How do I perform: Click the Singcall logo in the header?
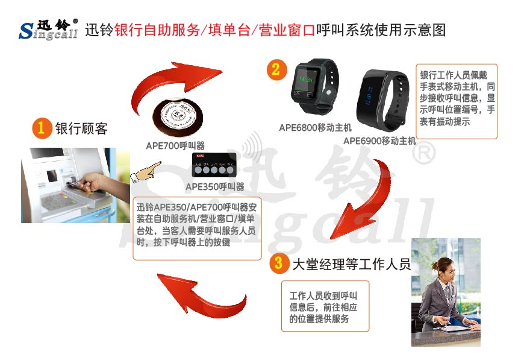(x=48, y=29)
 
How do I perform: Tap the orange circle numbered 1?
(x=42, y=128)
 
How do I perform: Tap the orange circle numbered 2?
(x=276, y=69)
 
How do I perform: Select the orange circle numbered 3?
(x=278, y=263)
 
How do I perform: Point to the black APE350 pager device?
(x=214, y=166)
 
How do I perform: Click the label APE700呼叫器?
(x=175, y=145)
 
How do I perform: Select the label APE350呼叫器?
(x=214, y=186)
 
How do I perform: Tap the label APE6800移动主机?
(x=315, y=128)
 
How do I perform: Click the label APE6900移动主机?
(x=379, y=141)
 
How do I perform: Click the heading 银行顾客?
(x=81, y=128)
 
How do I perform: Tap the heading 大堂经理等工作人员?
(x=350, y=264)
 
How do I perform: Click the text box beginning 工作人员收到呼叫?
(x=325, y=306)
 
